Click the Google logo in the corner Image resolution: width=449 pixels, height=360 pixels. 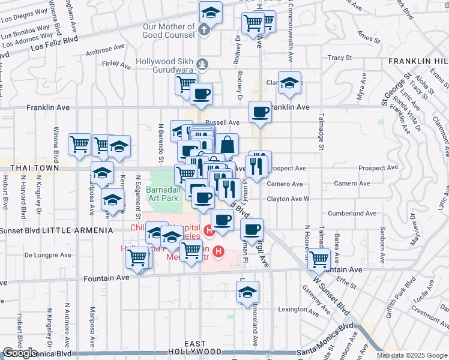click(x=20, y=353)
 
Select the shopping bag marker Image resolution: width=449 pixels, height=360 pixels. click(x=228, y=145)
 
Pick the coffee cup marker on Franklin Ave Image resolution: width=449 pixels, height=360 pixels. click(x=261, y=112)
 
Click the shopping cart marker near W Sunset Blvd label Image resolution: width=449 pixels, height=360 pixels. click(x=319, y=259)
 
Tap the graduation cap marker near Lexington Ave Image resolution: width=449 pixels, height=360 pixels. click(x=247, y=292)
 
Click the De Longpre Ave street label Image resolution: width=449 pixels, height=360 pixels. click(x=47, y=255)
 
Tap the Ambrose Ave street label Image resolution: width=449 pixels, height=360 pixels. click(x=106, y=50)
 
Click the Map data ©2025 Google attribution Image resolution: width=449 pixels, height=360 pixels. click(x=411, y=355)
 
